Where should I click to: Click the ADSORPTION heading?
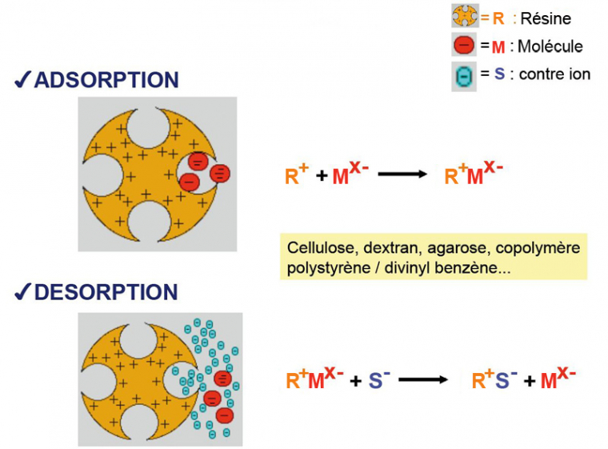click(106, 80)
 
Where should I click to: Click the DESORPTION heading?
click(106, 292)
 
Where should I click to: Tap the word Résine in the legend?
click(546, 18)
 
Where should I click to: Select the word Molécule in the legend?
click(550, 46)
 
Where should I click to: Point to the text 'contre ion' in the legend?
click(554, 74)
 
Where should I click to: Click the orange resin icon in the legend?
click(465, 17)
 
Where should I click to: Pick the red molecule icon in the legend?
click(464, 46)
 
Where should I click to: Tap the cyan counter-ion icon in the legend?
click(465, 75)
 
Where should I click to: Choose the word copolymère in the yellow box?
click(538, 248)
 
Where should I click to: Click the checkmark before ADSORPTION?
click(22, 80)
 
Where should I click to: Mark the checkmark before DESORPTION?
click(22, 292)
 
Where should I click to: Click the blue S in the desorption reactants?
click(374, 380)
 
